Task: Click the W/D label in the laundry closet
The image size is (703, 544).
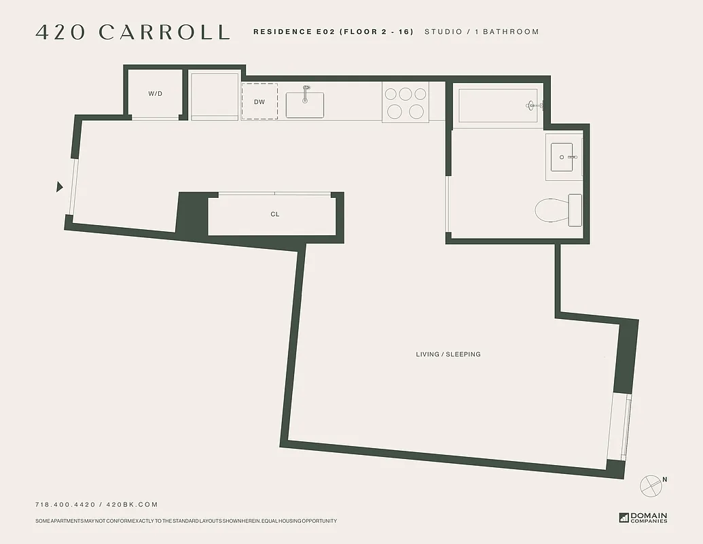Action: [x=155, y=93]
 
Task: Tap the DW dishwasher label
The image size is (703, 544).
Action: [x=259, y=102]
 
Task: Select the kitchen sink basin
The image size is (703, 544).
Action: [x=304, y=105]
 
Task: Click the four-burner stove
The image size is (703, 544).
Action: [x=405, y=103]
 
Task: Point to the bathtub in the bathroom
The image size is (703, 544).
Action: [x=498, y=105]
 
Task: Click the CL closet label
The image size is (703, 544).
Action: [x=275, y=214]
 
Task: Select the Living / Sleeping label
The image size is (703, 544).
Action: [x=448, y=354]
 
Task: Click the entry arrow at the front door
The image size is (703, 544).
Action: [x=60, y=187]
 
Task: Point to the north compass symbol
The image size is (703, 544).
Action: [x=651, y=486]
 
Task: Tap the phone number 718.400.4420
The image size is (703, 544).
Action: [x=65, y=505]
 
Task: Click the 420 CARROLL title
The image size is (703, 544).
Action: [x=132, y=32]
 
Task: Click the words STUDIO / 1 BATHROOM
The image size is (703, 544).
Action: [x=482, y=32]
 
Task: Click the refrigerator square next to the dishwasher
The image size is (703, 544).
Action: [x=214, y=96]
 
